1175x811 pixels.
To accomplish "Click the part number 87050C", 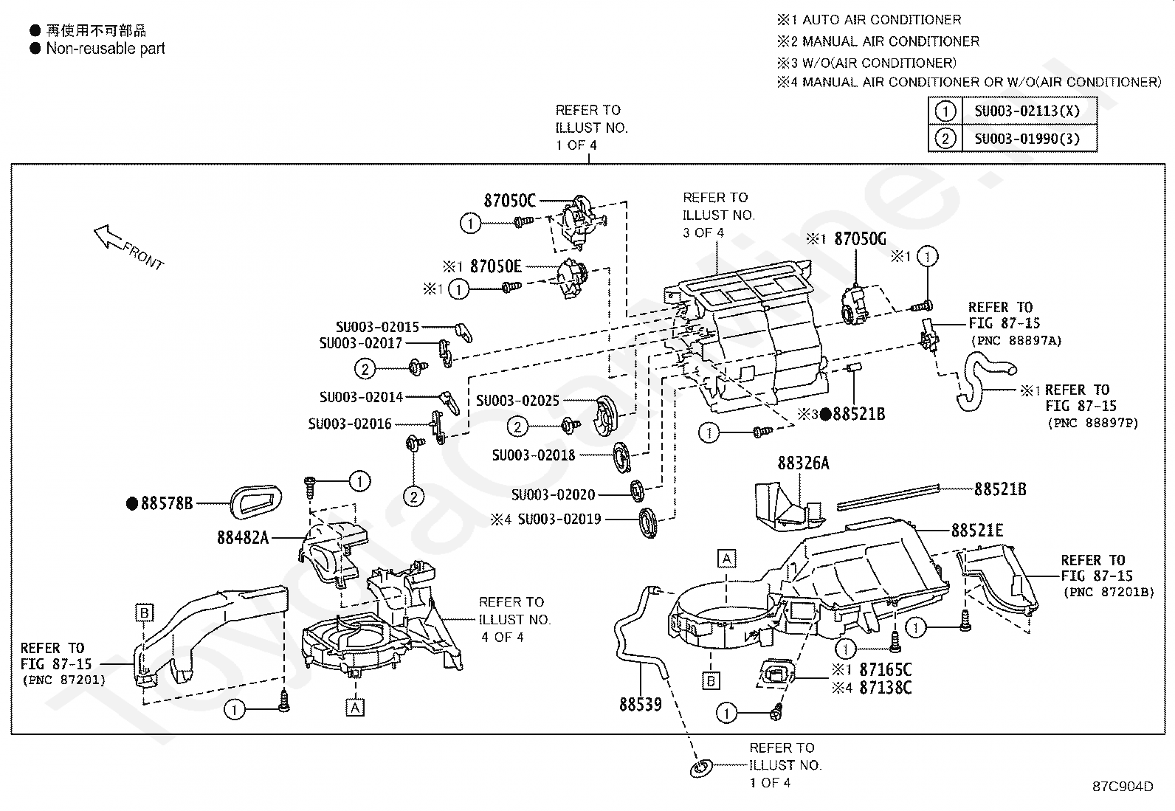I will [x=509, y=200].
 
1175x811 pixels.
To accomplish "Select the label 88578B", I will [x=167, y=504].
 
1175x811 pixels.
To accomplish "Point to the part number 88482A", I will [x=242, y=538].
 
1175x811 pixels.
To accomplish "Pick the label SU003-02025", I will [x=517, y=401].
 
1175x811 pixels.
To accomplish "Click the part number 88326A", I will [x=803, y=463].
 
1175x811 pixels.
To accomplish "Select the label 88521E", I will [x=976, y=531].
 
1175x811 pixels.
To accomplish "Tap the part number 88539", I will [x=640, y=705].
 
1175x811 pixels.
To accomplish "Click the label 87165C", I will [x=886, y=670].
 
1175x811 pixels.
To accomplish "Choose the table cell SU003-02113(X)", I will [x=1027, y=111].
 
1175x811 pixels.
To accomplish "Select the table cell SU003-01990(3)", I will [x=1027, y=139].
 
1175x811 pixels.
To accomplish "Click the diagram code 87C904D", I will [x=1123, y=787].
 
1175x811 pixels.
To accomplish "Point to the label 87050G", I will [x=860, y=239].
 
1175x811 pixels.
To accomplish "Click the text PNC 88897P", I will [x=1092, y=423].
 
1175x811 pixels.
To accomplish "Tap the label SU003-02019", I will [x=559, y=520].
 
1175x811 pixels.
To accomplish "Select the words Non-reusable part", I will [x=106, y=49].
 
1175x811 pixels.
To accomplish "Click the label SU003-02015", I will [x=377, y=326].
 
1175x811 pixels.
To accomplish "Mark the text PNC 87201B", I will [x=1107, y=593].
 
